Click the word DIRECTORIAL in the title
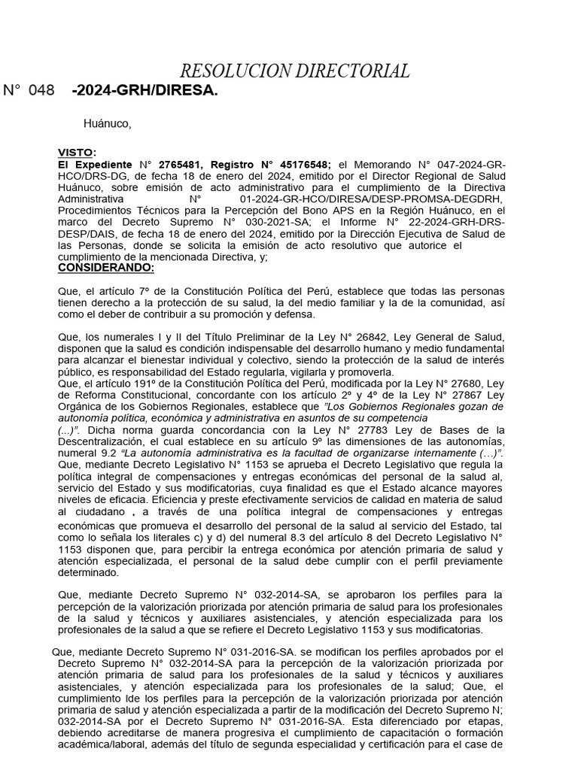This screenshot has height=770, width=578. click(351, 72)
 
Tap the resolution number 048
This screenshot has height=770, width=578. click(41, 91)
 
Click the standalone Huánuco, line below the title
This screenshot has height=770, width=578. click(107, 124)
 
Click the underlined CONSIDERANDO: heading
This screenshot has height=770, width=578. click(105, 268)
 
